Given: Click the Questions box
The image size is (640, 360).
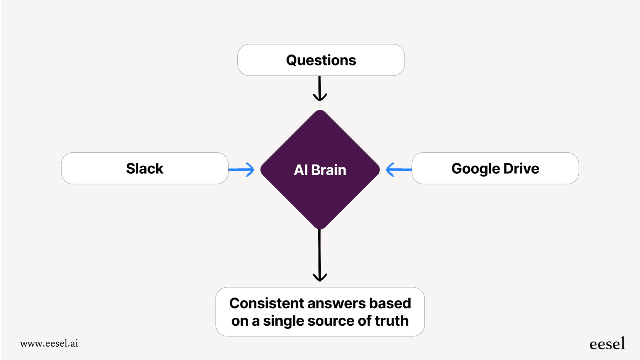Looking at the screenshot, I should [321, 60].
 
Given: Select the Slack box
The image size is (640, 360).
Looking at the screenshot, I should [144, 168].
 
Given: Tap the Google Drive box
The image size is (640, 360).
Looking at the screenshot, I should [495, 168].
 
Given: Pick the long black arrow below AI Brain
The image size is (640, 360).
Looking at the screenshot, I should [320, 255].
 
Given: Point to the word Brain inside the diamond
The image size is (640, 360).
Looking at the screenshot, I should [328, 170].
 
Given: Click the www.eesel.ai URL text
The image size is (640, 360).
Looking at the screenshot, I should [49, 343].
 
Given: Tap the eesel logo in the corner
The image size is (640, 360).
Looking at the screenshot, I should [607, 344].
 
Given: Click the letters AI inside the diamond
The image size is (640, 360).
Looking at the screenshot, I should [301, 170].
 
